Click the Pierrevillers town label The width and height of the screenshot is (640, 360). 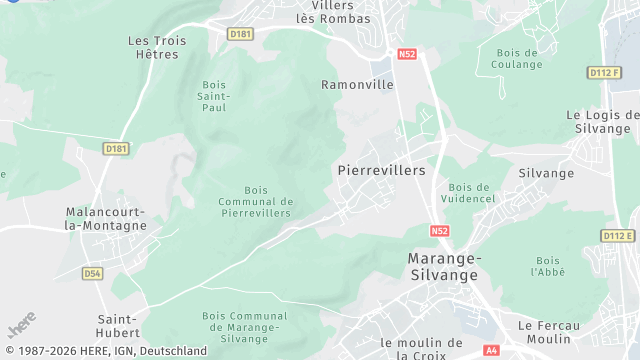point(382,171)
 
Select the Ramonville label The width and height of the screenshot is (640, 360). point(357,85)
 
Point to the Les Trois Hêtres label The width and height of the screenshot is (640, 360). point(157,47)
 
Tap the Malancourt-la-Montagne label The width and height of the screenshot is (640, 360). point(105,219)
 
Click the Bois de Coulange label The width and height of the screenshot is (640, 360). point(516,59)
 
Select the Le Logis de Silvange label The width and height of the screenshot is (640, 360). point(602,121)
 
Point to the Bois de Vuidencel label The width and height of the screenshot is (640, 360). point(469,193)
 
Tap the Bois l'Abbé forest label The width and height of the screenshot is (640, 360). point(548,266)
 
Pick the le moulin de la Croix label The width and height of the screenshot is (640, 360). point(422,349)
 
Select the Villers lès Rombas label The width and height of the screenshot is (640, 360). point(333,11)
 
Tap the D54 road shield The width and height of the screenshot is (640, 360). point(93,272)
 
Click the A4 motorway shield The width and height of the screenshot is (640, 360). point(491,350)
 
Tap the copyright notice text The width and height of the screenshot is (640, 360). point(104,352)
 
